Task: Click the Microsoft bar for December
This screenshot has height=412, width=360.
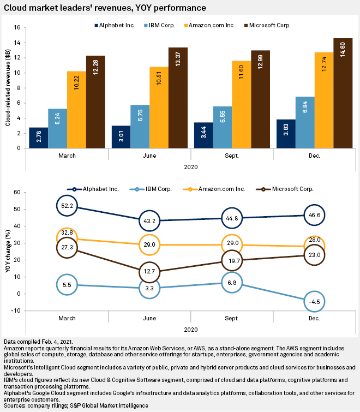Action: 343,93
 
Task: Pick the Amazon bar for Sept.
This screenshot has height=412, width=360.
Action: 242,104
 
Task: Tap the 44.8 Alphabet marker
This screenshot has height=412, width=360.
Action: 230,218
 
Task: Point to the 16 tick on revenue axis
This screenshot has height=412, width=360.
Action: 19,27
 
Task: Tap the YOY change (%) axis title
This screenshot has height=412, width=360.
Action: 8,251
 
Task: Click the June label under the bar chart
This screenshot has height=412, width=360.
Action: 148,156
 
